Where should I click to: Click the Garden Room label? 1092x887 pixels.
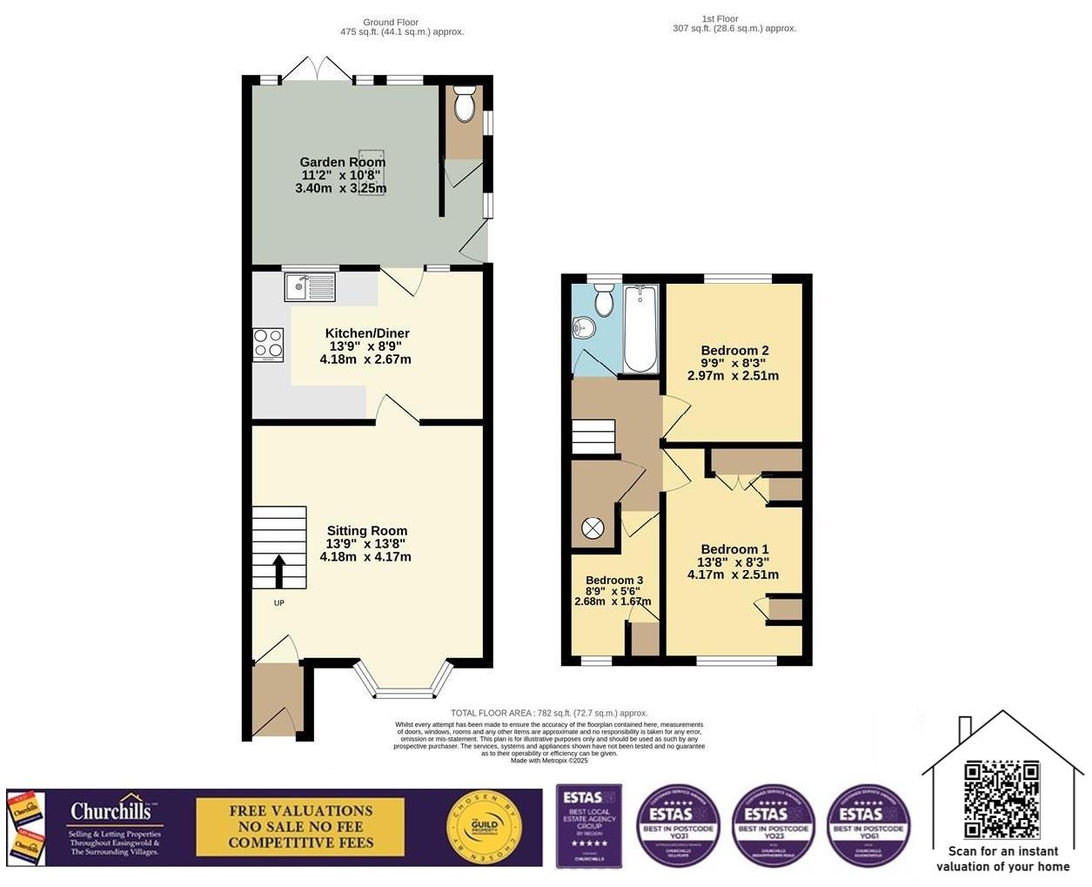(342, 162)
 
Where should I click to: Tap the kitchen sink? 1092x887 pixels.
(310, 286)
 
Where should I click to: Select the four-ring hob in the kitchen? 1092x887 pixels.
(268, 344)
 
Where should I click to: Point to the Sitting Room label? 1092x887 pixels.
(366, 530)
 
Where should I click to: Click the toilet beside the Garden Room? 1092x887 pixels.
(465, 106)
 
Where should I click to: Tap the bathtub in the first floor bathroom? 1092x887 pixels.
(640, 329)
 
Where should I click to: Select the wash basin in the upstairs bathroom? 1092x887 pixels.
(584, 328)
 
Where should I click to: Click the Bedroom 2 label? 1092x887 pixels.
(734, 350)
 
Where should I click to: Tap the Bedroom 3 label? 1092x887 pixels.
(614, 580)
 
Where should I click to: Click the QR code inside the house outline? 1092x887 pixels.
(1002, 798)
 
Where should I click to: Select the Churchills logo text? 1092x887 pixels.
(116, 811)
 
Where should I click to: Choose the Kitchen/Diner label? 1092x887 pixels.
(366, 333)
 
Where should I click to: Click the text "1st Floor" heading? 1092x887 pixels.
(720, 18)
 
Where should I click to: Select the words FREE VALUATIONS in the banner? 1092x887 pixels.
(300, 810)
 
